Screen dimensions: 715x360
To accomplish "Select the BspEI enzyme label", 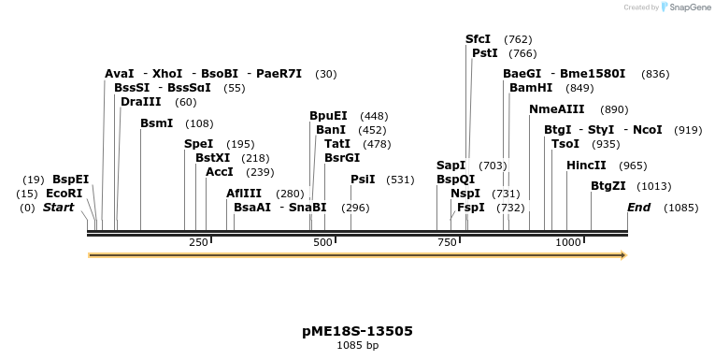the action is click(x=70, y=180).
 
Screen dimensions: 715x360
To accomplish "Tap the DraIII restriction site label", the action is click(x=140, y=102).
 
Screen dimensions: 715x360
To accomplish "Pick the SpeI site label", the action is click(x=198, y=144).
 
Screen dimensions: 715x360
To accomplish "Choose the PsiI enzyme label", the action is click(x=363, y=180).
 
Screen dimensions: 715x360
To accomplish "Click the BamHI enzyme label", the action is click(x=531, y=88).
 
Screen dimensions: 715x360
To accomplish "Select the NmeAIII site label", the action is click(x=556, y=109).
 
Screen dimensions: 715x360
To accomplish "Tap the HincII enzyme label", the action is click(x=586, y=166).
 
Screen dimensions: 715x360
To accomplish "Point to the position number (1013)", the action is click(x=654, y=186).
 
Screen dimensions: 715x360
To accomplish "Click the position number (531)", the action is click(x=399, y=180).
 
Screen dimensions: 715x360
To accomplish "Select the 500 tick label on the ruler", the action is click(x=323, y=243).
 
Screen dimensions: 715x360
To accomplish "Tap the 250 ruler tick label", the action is click(x=198, y=243).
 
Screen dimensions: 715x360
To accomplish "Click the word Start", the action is click(x=58, y=208).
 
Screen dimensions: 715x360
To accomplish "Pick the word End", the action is click(x=638, y=208).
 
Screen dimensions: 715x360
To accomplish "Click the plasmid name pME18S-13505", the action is click(x=357, y=331).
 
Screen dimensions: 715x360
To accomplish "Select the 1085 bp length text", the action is click(x=357, y=346).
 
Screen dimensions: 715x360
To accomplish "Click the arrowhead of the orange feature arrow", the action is click(x=622, y=254).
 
